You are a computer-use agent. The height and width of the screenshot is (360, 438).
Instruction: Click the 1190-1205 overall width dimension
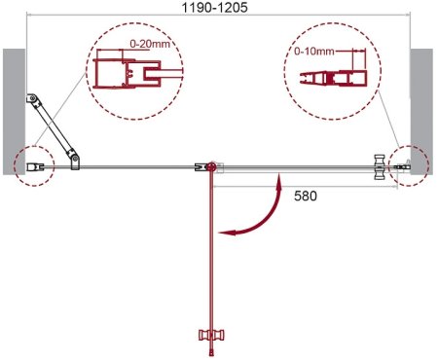(x=215, y=7)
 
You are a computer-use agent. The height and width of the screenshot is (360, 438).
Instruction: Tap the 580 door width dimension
(x=306, y=196)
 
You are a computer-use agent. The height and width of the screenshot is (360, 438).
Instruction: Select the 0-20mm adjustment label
(x=150, y=44)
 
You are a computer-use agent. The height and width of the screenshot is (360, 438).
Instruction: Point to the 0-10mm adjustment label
(x=314, y=51)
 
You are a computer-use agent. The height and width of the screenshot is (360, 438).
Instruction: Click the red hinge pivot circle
(x=211, y=167)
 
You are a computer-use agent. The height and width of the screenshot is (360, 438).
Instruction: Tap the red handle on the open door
(x=211, y=335)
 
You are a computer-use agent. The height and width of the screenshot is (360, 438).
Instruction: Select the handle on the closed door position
(x=380, y=167)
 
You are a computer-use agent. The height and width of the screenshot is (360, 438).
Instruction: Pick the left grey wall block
(x=14, y=112)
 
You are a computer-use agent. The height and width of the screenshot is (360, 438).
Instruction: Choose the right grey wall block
(x=421, y=112)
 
